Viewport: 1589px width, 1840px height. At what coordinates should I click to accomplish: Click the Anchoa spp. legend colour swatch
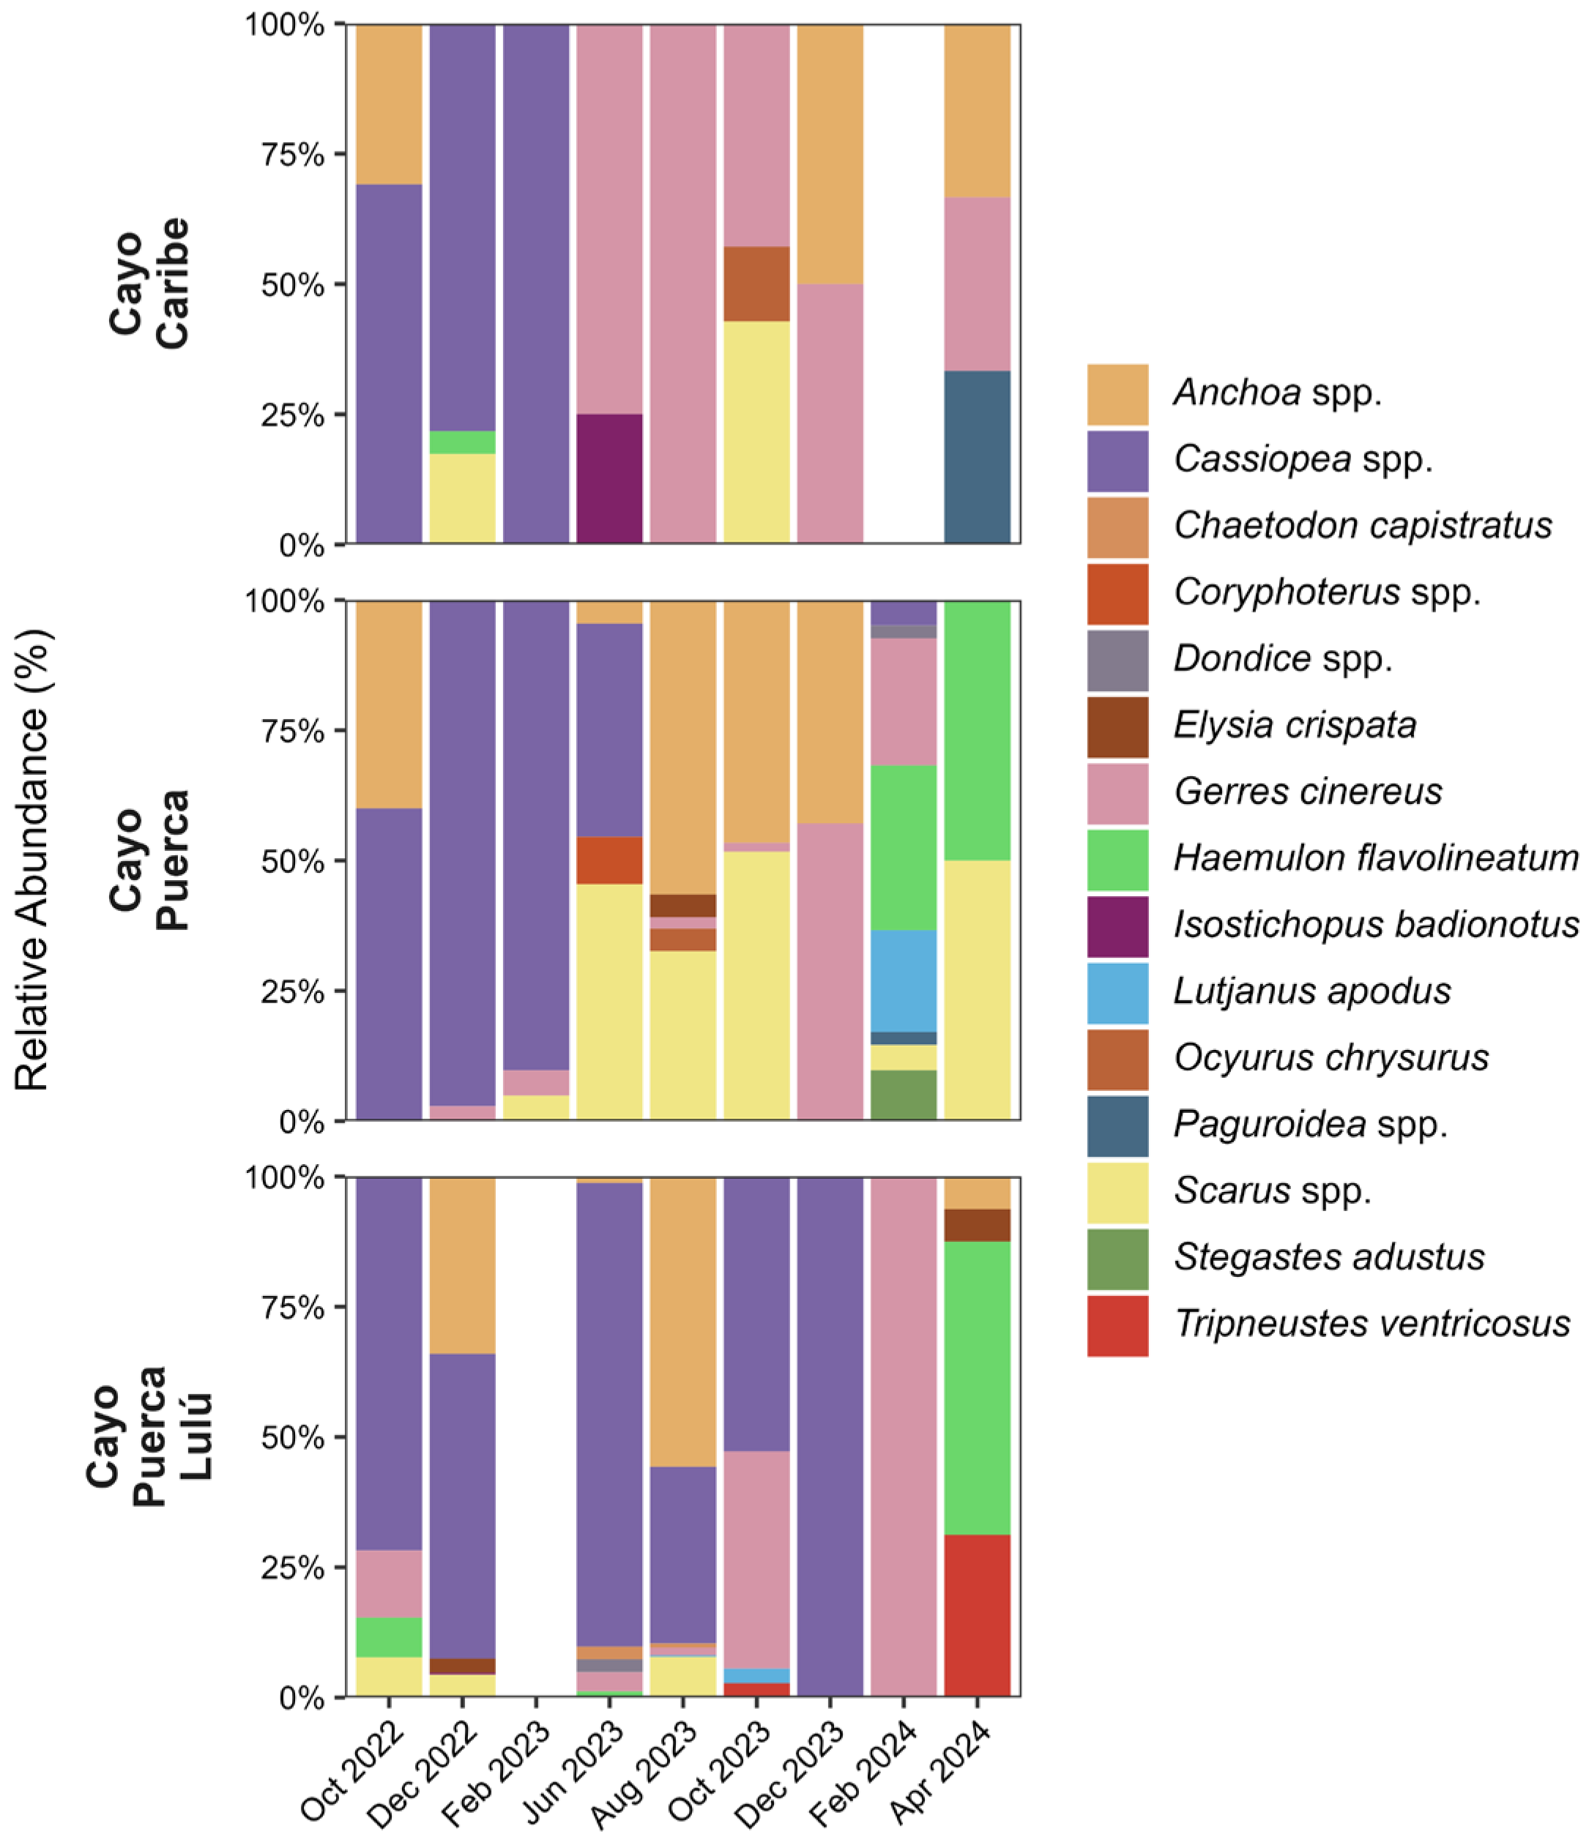coord(1117,394)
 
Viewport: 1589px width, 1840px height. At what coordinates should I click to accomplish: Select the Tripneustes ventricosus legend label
coord(1372,1324)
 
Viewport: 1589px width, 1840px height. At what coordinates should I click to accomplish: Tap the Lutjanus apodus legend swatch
coord(1117,993)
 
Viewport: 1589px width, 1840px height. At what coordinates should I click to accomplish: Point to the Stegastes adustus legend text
coord(1329,1257)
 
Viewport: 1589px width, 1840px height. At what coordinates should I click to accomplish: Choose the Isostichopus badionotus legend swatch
coord(1117,926)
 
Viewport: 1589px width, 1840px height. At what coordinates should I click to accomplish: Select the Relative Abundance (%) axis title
coord(33,860)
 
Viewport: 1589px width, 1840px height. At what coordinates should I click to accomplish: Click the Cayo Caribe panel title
coord(149,283)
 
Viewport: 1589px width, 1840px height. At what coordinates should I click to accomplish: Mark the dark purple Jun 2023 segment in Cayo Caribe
coord(609,479)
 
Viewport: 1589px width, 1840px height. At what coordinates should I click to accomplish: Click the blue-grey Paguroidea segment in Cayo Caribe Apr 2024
coord(977,458)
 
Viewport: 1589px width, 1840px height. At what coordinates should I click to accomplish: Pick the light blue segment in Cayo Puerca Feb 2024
coord(904,981)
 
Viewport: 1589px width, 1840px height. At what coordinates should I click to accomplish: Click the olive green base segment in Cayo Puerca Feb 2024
coord(904,1095)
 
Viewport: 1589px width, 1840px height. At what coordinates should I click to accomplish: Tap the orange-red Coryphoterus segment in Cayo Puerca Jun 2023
coord(609,860)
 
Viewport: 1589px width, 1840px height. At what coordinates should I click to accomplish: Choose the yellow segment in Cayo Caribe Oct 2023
coord(756,433)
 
